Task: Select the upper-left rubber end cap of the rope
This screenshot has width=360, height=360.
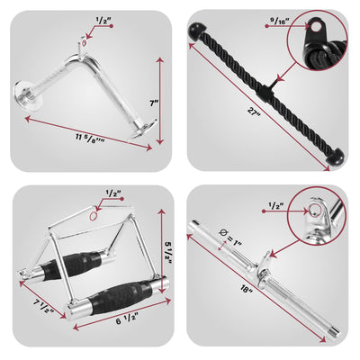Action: (197, 31)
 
